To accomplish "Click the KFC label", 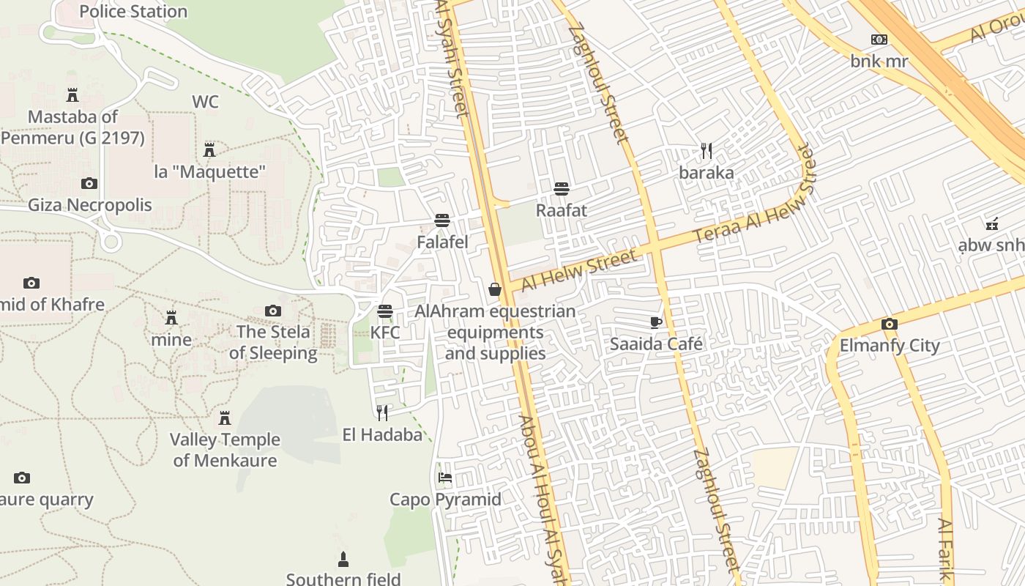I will pyautogui.click(x=385, y=333).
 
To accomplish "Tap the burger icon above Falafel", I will pyautogui.click(x=441, y=220).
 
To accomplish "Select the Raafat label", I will pyautogui.click(x=562, y=210).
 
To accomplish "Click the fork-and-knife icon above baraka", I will pyautogui.click(x=707, y=152).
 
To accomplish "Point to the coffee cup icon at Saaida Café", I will pyautogui.click(x=656, y=322).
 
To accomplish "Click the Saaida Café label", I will pyautogui.click(x=656, y=344).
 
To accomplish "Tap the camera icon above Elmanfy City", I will pyautogui.click(x=890, y=324).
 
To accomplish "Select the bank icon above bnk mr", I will pyautogui.click(x=879, y=40).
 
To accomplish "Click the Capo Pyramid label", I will pyautogui.click(x=445, y=500).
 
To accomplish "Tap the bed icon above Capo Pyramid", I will pyautogui.click(x=444, y=478).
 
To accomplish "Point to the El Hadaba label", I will pyautogui.click(x=382, y=435).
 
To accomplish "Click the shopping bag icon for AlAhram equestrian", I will pyautogui.click(x=495, y=289).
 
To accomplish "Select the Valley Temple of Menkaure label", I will pyautogui.click(x=225, y=450).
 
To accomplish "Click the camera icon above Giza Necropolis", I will pyautogui.click(x=89, y=183).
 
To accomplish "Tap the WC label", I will pyautogui.click(x=205, y=102).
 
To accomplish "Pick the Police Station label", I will pyautogui.click(x=133, y=12).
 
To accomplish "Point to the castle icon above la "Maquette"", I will pyautogui.click(x=209, y=150).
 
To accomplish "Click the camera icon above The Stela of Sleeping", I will pyautogui.click(x=273, y=311).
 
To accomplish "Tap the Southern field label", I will pyautogui.click(x=343, y=579).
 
